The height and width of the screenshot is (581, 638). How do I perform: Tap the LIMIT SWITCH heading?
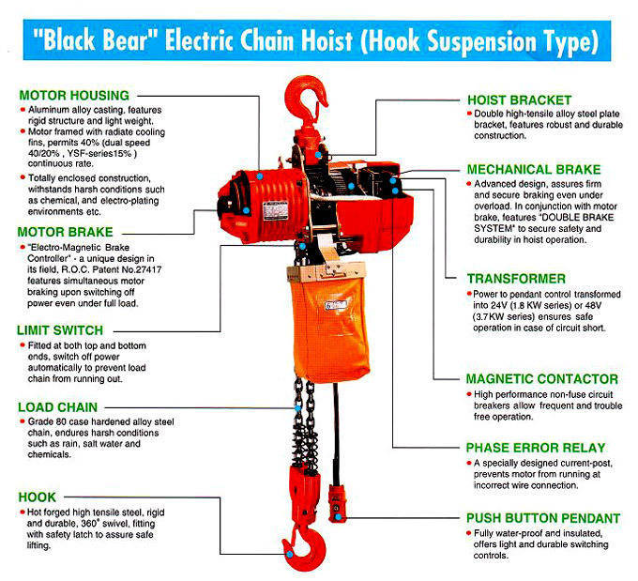64,330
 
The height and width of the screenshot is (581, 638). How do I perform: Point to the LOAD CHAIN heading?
60,407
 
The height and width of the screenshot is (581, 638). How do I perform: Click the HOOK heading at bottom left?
38,496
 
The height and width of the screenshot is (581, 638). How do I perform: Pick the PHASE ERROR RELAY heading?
536,448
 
